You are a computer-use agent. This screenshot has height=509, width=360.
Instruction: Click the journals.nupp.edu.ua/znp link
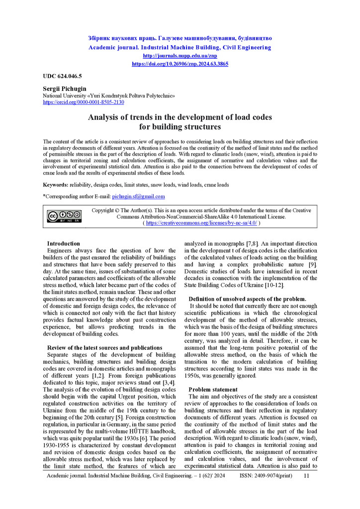(x=180, y=56)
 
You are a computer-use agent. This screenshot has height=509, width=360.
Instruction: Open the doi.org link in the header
(x=180, y=64)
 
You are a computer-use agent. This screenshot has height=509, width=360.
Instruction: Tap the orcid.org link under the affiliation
(x=84, y=102)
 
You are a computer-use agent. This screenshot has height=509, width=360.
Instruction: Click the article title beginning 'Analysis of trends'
(x=180, y=122)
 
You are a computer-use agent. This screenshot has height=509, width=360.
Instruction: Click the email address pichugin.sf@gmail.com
(x=138, y=197)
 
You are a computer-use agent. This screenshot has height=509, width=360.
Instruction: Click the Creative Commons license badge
(x=64, y=216)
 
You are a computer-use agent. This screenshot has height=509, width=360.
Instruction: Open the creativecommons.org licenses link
(x=201, y=223)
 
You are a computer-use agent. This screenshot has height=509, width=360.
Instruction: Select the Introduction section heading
(x=63, y=244)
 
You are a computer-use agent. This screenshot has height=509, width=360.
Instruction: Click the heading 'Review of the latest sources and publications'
(x=104, y=347)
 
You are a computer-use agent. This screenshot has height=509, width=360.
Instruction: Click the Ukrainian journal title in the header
(x=180, y=38)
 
